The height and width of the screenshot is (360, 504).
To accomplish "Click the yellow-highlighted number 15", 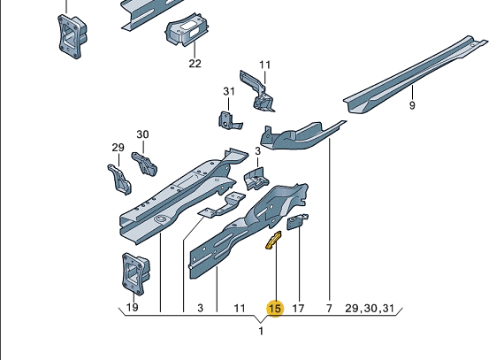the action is coord(274,309).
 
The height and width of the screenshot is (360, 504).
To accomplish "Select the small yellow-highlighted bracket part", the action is coord(273,240).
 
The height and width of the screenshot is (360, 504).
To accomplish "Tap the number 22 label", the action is coord(195,64).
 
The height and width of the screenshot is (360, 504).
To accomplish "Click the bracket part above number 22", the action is coord(186,29).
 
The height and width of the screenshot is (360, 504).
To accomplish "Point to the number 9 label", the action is coord(412,105).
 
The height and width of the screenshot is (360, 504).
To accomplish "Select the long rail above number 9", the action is coord(415,74).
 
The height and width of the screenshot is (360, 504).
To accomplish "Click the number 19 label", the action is coord(133,308).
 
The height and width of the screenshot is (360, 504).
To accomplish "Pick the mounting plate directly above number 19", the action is coord(135,273).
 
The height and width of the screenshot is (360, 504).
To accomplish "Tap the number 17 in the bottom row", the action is coord(298,309).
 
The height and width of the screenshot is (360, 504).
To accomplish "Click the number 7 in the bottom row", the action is coord(329,309).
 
